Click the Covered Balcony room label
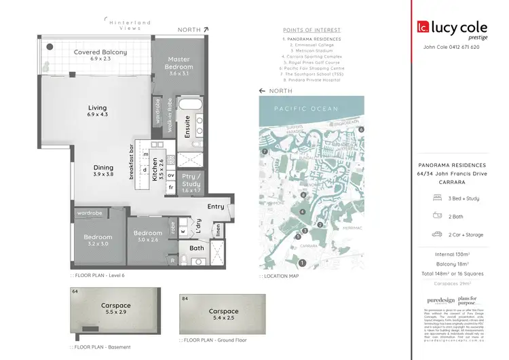click(100, 56)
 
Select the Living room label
click(98, 111)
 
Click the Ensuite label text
click(187, 127)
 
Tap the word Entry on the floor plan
click(216, 206)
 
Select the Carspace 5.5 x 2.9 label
click(110, 309)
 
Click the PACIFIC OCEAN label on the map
click(311, 109)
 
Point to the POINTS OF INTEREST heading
click(312, 30)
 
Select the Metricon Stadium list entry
click(312, 50)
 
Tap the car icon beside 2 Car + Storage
click(437, 234)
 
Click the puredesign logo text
click(442, 300)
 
